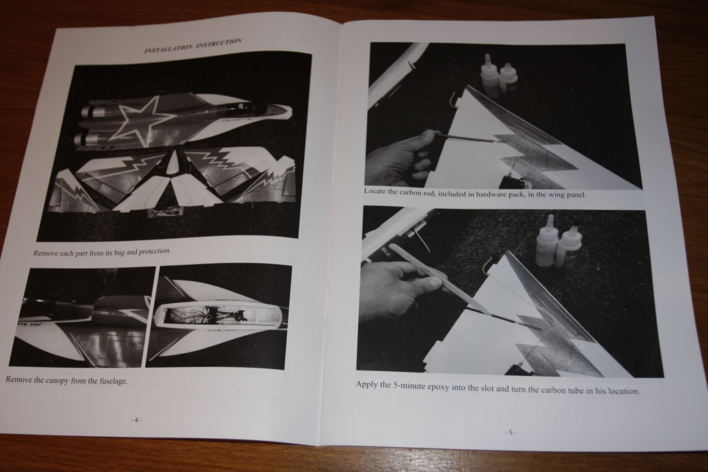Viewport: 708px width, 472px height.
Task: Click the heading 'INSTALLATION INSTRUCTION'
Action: click(x=194, y=46)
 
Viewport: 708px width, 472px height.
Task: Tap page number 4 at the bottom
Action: click(x=136, y=419)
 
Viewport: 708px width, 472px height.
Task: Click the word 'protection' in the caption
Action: click(x=153, y=251)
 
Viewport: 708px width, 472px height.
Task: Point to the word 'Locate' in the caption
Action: click(x=375, y=191)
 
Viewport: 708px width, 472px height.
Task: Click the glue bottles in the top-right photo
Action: click(x=499, y=75)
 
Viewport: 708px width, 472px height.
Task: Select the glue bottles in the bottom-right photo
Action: click(x=556, y=245)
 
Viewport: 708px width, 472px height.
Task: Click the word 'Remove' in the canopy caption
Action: click(x=18, y=379)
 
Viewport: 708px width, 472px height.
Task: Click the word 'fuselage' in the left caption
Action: click(x=113, y=381)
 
